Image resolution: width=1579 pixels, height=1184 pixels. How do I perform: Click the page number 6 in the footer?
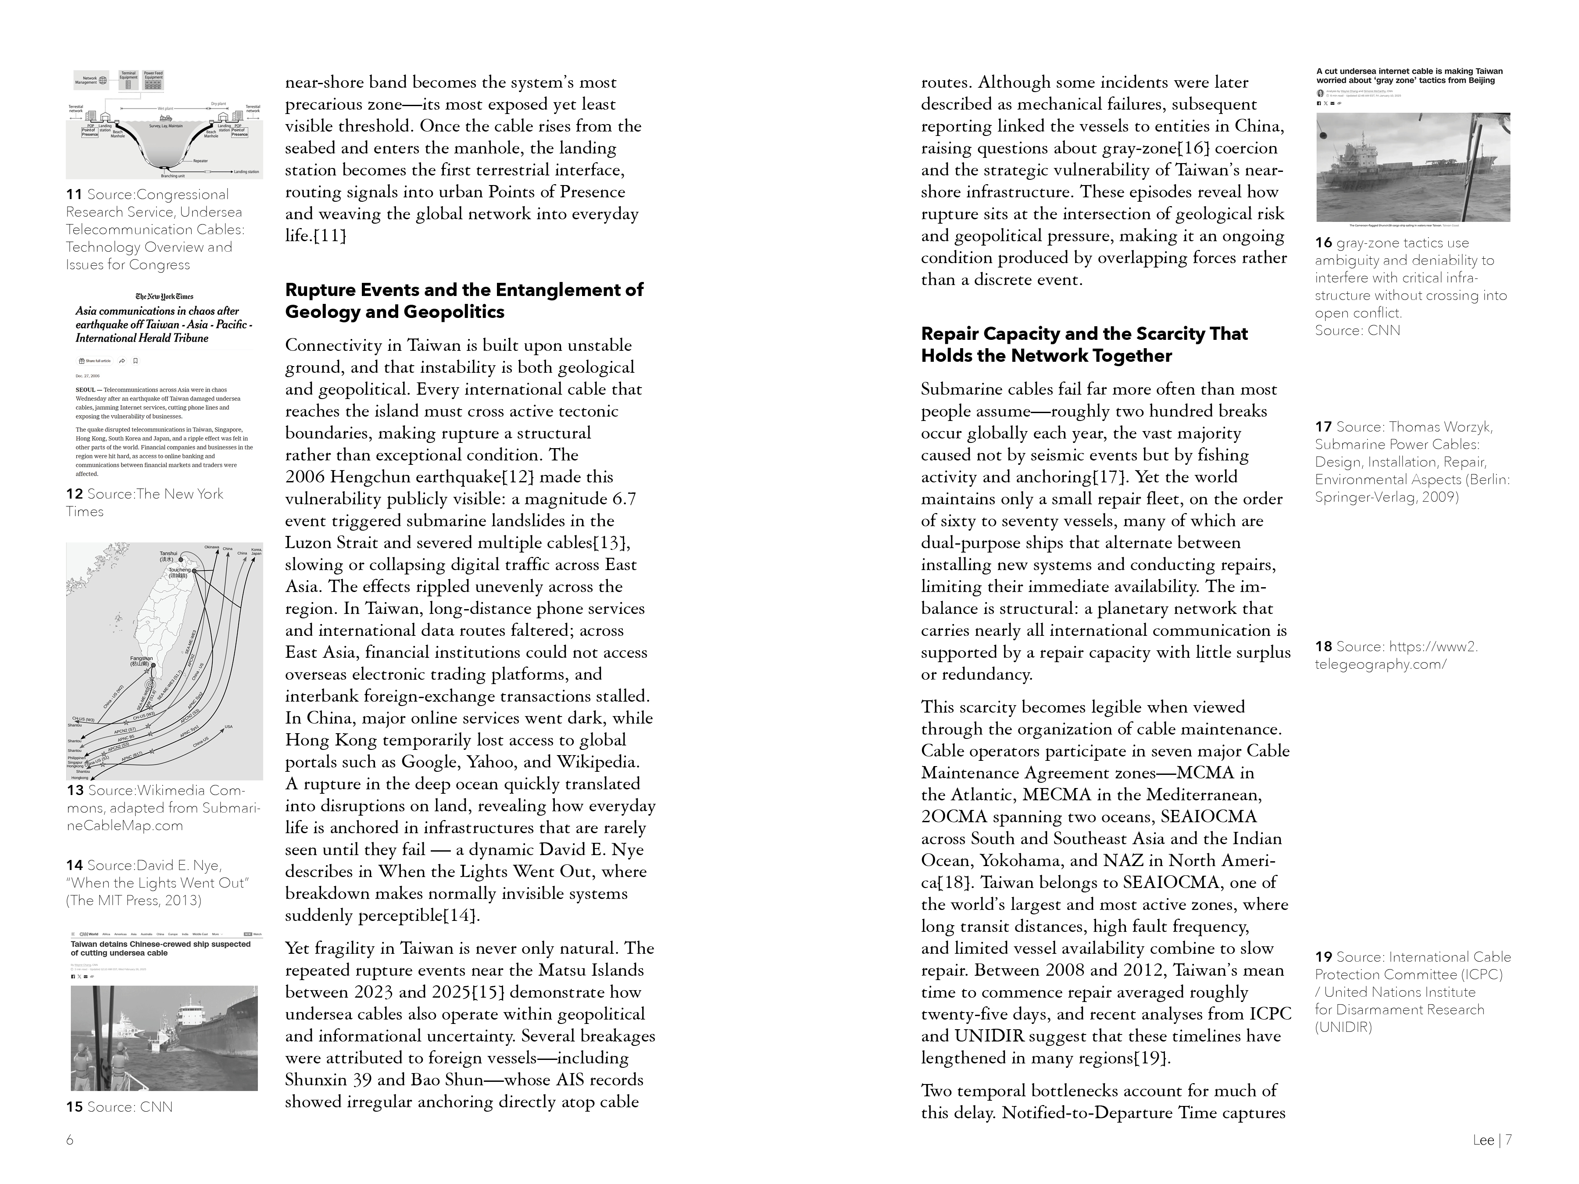tap(70, 1140)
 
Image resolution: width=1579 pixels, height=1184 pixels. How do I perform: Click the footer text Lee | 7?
tap(1492, 1140)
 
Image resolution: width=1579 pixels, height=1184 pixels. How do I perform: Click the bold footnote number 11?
tap(74, 195)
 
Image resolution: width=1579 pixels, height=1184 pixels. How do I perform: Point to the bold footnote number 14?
tap(74, 866)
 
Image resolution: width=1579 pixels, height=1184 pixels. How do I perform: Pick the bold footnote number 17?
tap(1323, 427)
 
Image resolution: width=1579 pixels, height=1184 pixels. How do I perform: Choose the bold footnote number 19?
tap(1323, 957)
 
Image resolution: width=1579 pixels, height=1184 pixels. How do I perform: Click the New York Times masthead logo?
tap(164, 296)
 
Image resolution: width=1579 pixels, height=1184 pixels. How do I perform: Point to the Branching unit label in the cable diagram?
tap(173, 175)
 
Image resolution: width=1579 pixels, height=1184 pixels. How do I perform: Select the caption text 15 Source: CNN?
tap(120, 1107)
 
